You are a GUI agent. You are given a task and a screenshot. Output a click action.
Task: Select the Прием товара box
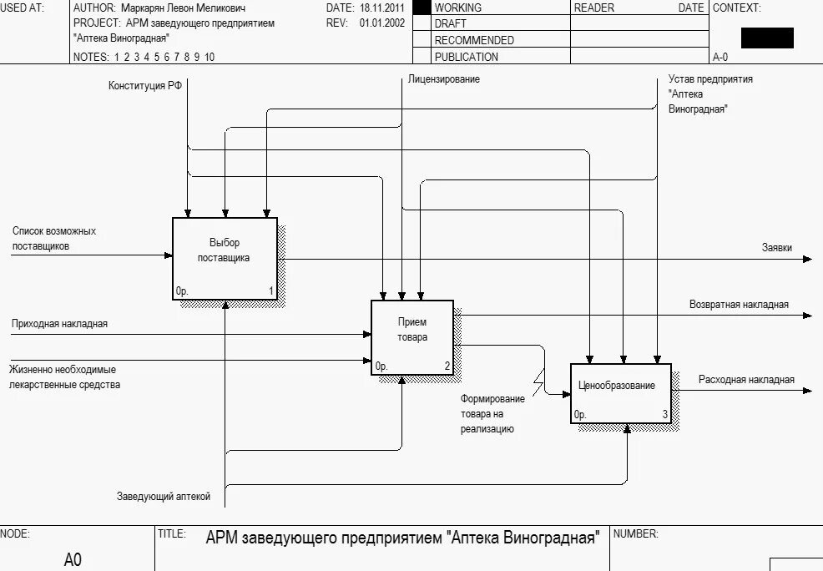[x=411, y=336]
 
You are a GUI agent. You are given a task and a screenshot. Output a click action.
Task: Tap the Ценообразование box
[x=620, y=393]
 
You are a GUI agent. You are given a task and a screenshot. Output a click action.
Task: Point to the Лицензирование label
[x=444, y=79]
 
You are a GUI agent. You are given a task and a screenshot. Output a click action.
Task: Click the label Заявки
[x=776, y=247]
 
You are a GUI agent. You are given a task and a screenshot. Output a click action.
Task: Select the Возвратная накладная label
[x=739, y=305]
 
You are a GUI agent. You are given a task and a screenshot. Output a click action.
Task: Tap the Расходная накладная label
[x=746, y=380]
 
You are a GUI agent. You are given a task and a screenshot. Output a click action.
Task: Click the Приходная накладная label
[x=59, y=323]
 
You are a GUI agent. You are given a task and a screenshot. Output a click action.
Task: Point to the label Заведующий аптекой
[x=164, y=497]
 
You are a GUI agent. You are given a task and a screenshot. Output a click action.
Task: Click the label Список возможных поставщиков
[x=53, y=238]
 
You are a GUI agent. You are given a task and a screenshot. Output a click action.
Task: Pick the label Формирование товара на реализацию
[x=492, y=413]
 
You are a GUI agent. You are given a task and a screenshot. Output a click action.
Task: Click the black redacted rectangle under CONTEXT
[x=767, y=38]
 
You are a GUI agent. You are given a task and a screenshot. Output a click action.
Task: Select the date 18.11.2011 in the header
[x=381, y=8]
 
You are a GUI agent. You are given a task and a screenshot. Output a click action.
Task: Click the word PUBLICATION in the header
[x=467, y=57]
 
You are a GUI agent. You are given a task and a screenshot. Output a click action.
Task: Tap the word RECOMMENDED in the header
[x=474, y=40]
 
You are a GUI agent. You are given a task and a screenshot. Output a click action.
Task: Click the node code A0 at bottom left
[x=73, y=559]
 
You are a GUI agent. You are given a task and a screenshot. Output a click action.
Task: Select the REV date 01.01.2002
[x=382, y=23]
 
